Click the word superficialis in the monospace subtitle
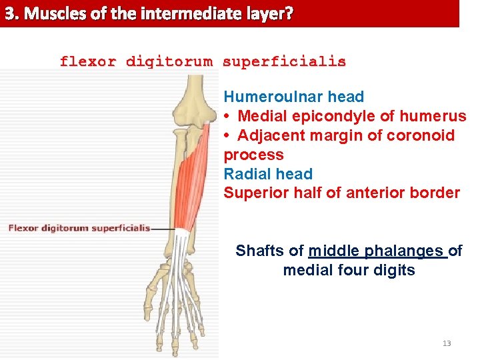tap(284, 62)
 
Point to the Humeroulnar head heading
tap(293, 97)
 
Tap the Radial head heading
tap(268, 175)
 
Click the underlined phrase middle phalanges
tap(376, 251)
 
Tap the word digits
tap(395, 271)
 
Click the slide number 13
tap(447, 343)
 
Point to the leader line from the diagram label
tap(163, 229)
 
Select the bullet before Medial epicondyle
tap(227, 117)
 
